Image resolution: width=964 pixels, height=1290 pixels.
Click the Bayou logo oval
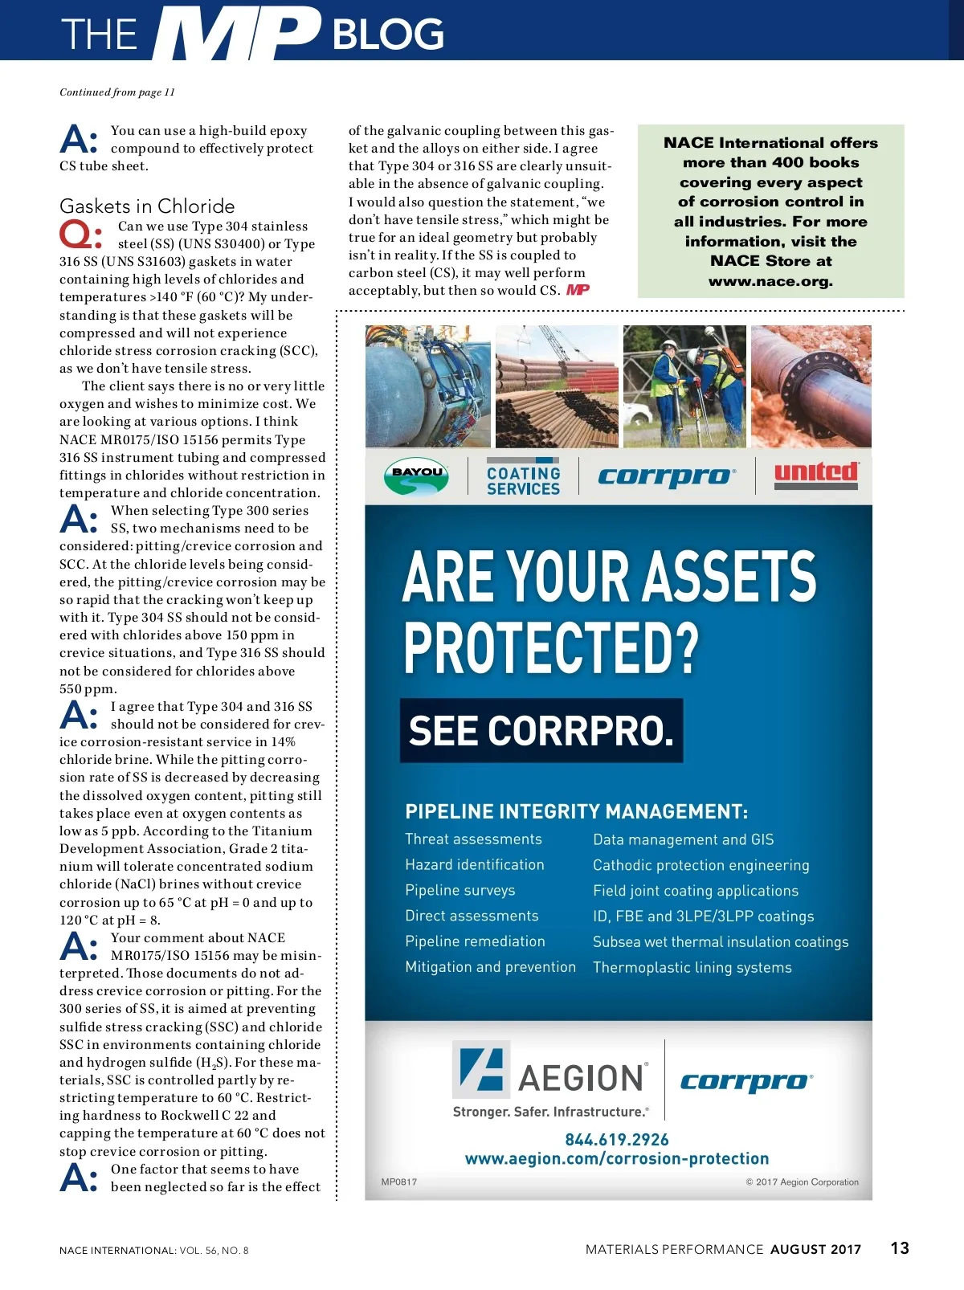416,476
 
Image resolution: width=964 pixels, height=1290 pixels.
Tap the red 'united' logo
816,474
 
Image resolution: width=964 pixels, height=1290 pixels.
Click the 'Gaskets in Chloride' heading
147,206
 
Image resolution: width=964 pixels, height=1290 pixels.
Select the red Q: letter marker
80,235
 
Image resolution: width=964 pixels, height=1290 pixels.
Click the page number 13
900,1248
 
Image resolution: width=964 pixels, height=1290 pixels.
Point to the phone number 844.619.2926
616,1140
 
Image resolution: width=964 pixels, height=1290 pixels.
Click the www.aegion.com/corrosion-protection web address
616,1159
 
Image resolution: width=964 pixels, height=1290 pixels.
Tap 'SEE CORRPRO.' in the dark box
541,731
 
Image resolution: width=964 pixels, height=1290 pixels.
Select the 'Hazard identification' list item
474,865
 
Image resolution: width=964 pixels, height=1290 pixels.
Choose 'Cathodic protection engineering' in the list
701,865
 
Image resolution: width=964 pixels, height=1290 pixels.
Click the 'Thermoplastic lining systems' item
692,968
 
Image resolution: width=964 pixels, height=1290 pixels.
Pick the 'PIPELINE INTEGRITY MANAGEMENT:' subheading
576,812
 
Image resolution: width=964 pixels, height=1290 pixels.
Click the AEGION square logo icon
480,1069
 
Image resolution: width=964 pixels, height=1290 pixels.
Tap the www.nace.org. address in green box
770,281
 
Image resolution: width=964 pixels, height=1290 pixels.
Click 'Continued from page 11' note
117,92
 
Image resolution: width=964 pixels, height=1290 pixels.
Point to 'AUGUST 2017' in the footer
815,1250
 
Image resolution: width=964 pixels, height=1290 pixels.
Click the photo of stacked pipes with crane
557,386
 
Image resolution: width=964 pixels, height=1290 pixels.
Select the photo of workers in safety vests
684,386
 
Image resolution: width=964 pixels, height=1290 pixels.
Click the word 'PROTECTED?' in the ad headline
551,647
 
